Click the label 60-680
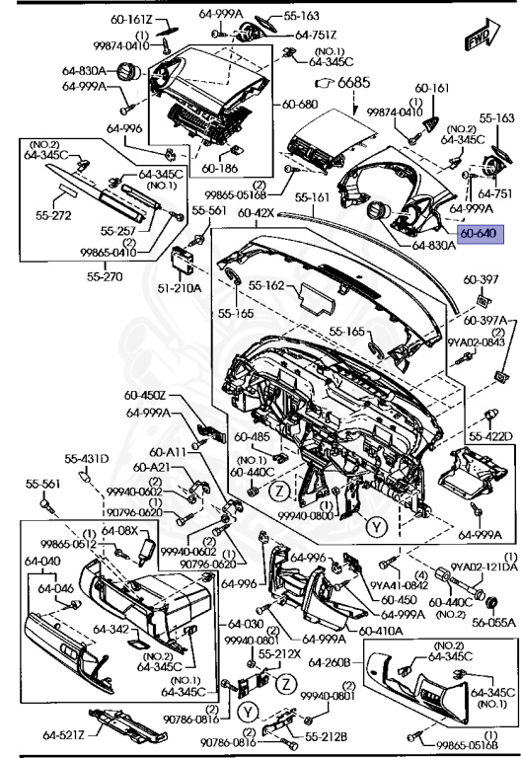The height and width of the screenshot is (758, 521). pyautogui.click(x=300, y=104)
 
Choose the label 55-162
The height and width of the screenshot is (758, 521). pyautogui.click(x=266, y=285)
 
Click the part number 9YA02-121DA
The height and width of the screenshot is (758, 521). pyautogui.click(x=484, y=567)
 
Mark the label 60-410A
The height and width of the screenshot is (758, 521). pyautogui.click(x=379, y=630)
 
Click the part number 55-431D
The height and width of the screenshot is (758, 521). pyautogui.click(x=86, y=459)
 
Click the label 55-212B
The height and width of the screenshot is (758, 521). pyautogui.click(x=325, y=736)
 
